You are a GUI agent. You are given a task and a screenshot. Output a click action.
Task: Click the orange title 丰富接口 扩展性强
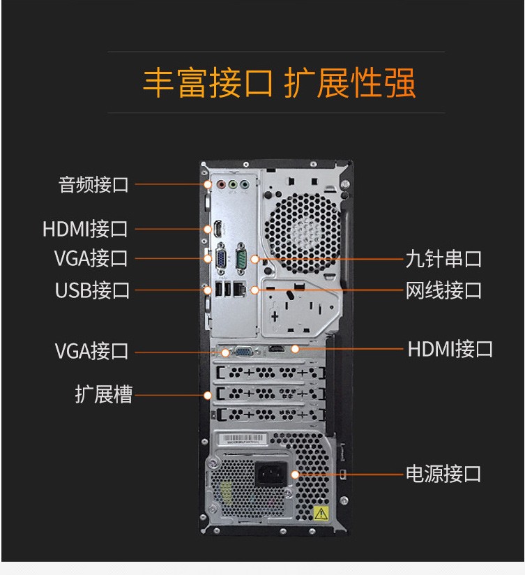coord(279,82)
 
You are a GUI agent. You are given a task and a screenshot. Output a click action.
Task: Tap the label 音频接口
coord(94,184)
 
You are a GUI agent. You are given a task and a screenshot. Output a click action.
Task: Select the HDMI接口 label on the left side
coord(85,229)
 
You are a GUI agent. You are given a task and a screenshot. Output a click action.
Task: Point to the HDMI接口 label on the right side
coord(450,349)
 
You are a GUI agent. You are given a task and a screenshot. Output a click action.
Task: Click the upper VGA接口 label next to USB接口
coord(91,258)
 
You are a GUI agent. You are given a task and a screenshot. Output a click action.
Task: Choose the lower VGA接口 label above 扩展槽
coord(91,351)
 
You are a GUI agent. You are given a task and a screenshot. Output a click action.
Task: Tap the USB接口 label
coord(92,290)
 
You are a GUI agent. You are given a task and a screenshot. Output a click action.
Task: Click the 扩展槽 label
coord(104,394)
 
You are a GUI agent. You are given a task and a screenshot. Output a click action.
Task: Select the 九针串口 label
coord(443,259)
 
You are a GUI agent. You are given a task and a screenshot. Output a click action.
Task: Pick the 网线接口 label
coord(443,290)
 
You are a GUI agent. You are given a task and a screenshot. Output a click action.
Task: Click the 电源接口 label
coord(443,474)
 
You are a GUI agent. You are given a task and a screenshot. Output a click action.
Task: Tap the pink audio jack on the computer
coord(221,184)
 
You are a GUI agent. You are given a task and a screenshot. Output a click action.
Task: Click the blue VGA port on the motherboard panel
coord(221,258)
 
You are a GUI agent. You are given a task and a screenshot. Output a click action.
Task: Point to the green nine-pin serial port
coord(241,258)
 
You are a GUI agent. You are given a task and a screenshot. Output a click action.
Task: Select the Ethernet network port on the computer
coord(240,290)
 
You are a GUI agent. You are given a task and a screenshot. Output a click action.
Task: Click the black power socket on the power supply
coord(271,473)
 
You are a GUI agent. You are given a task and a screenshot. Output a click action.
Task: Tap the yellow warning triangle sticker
coord(321,512)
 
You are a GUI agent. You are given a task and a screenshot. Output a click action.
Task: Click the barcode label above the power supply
coord(243,439)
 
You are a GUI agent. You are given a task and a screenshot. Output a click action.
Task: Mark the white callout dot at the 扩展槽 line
coord(208,395)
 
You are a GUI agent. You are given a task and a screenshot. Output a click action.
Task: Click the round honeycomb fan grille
coord(303,233)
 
